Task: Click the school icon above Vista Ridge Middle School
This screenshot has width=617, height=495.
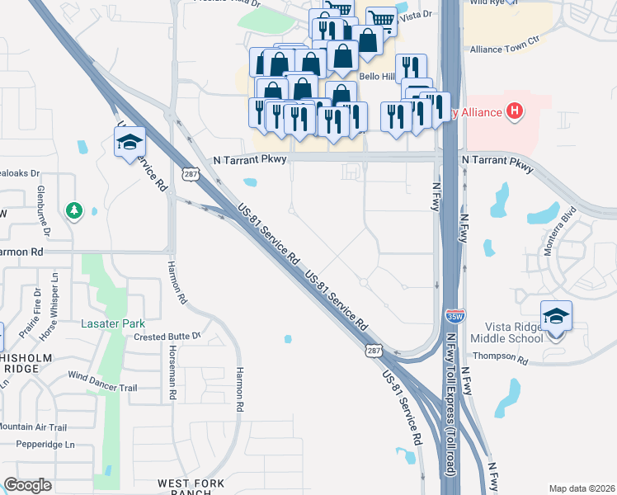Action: pos(556,317)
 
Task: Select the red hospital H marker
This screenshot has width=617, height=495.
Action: pos(515,111)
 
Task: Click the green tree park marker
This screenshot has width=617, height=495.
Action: pos(74,211)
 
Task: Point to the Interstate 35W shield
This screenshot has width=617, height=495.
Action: pos(454,315)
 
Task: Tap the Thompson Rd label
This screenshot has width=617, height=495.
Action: pos(499,357)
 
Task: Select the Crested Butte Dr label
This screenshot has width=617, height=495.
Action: pos(167,337)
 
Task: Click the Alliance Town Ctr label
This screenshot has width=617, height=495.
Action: pos(504,49)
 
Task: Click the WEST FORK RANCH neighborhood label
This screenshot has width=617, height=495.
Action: pos(191,487)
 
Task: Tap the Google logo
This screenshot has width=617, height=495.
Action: pos(27,485)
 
